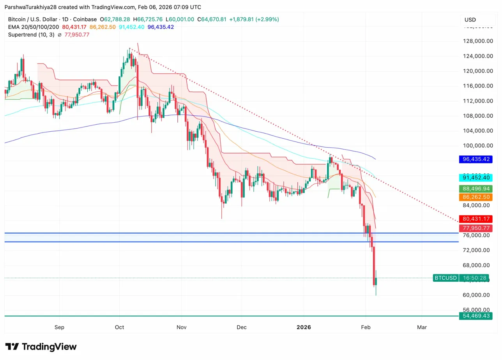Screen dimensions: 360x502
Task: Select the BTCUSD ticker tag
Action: [445, 278]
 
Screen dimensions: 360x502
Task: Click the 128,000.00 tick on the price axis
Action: [477, 41]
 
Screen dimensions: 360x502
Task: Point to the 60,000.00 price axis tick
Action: [477, 295]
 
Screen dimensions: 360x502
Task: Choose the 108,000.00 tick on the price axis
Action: [477, 116]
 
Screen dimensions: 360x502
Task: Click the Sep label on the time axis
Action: [59, 327]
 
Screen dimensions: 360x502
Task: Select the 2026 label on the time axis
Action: [304, 327]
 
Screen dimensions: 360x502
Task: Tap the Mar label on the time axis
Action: [422, 327]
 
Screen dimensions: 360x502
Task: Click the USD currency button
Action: [470, 20]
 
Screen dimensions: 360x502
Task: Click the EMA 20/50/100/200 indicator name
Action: [34, 27]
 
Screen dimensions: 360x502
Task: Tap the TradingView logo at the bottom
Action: [41, 347]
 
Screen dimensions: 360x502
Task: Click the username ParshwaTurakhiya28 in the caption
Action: [32, 7]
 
